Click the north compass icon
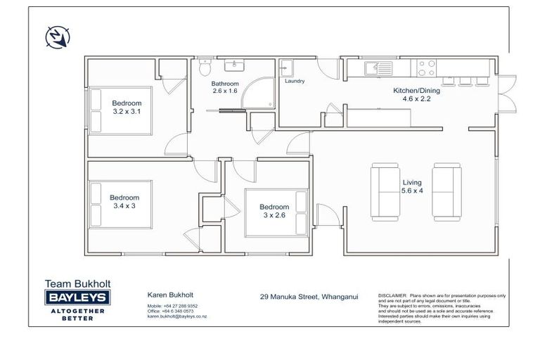[56, 36]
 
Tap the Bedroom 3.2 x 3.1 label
[131, 107]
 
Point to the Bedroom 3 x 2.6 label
[274, 211]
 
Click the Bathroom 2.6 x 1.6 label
[225, 87]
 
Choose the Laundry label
[295, 82]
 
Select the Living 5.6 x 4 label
[412, 186]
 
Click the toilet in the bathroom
[204, 68]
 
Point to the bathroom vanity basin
[234, 66]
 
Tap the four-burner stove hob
[427, 67]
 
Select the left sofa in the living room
[384, 191]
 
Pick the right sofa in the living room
[446, 191]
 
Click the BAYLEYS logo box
[77, 298]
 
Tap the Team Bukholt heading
[77, 284]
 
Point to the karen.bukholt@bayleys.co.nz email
[176, 316]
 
